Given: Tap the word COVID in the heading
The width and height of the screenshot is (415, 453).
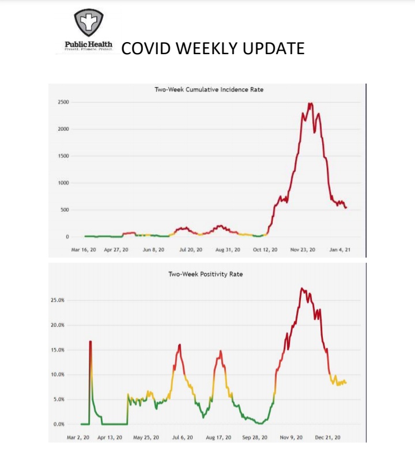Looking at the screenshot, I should pos(146,48).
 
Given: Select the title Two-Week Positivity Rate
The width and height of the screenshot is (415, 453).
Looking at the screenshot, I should pos(205,274).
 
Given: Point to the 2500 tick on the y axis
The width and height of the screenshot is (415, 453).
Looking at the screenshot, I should pos(63,103).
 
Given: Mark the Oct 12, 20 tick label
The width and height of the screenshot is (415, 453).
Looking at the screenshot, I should pos(266,250).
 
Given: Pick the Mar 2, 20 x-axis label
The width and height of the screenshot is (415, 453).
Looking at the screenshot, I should pos(78,437).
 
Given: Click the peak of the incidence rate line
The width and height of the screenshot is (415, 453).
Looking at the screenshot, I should pos(311,104).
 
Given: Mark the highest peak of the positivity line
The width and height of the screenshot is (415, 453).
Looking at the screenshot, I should pos(302,288).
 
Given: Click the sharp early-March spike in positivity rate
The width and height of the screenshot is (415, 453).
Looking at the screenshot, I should pos(90,342).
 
